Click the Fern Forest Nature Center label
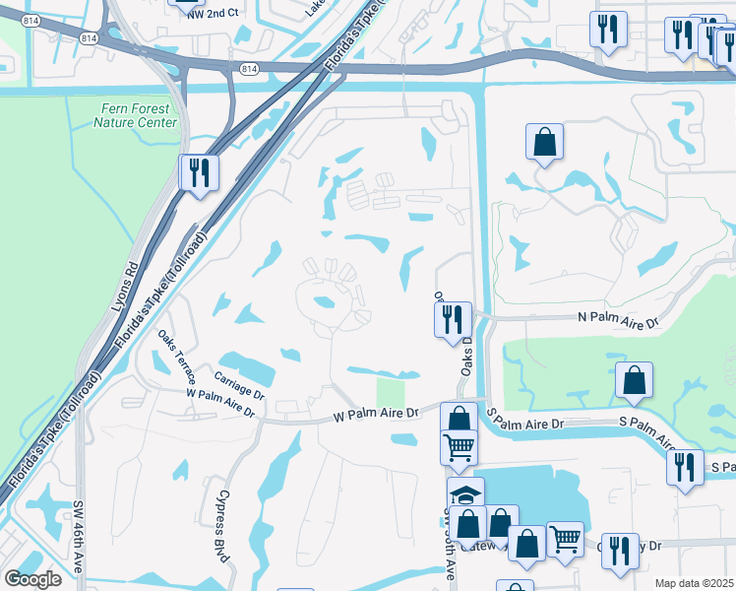click(x=136, y=115)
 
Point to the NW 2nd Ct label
click(x=215, y=11)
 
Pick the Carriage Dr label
click(x=240, y=382)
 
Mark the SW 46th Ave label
click(x=78, y=537)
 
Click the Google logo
click(x=32, y=579)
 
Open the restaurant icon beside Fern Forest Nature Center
click(x=200, y=172)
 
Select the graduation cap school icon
click(x=465, y=493)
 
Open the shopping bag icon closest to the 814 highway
click(x=544, y=142)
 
